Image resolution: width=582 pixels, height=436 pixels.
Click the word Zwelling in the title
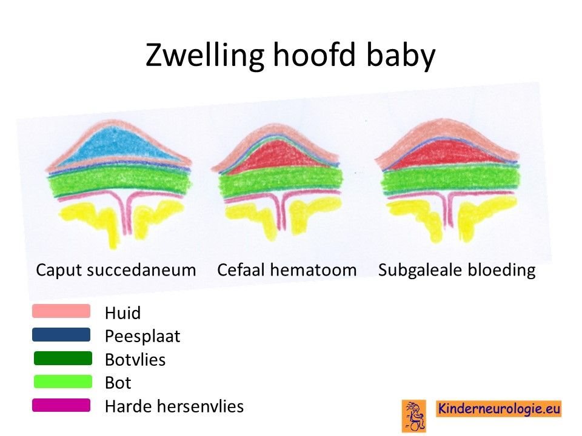coord(204,55)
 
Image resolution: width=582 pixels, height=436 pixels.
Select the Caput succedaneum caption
coord(116,270)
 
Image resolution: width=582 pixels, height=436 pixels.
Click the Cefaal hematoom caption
coord(287,270)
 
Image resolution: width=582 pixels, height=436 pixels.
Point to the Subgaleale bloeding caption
coord(457,270)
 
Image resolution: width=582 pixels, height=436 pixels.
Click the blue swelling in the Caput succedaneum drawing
coord(118,147)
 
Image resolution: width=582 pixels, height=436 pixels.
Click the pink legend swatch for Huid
coord(61,311)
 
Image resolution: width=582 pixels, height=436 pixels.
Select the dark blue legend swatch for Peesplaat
coord(61,334)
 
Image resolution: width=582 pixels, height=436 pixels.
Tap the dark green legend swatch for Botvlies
coord(62,358)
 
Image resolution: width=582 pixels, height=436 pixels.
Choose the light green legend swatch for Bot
coord(62,381)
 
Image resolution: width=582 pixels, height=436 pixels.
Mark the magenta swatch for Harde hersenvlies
coord(61,405)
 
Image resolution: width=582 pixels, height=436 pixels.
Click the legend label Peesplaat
coord(142,337)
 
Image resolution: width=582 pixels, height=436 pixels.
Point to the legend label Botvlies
coord(135,360)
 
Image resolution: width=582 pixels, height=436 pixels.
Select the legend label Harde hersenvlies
coord(175,406)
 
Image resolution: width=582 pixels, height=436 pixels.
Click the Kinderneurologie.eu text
coord(499,409)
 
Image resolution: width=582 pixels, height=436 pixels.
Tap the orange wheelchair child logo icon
coord(414,415)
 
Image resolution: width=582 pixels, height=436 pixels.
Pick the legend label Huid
coord(123,313)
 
